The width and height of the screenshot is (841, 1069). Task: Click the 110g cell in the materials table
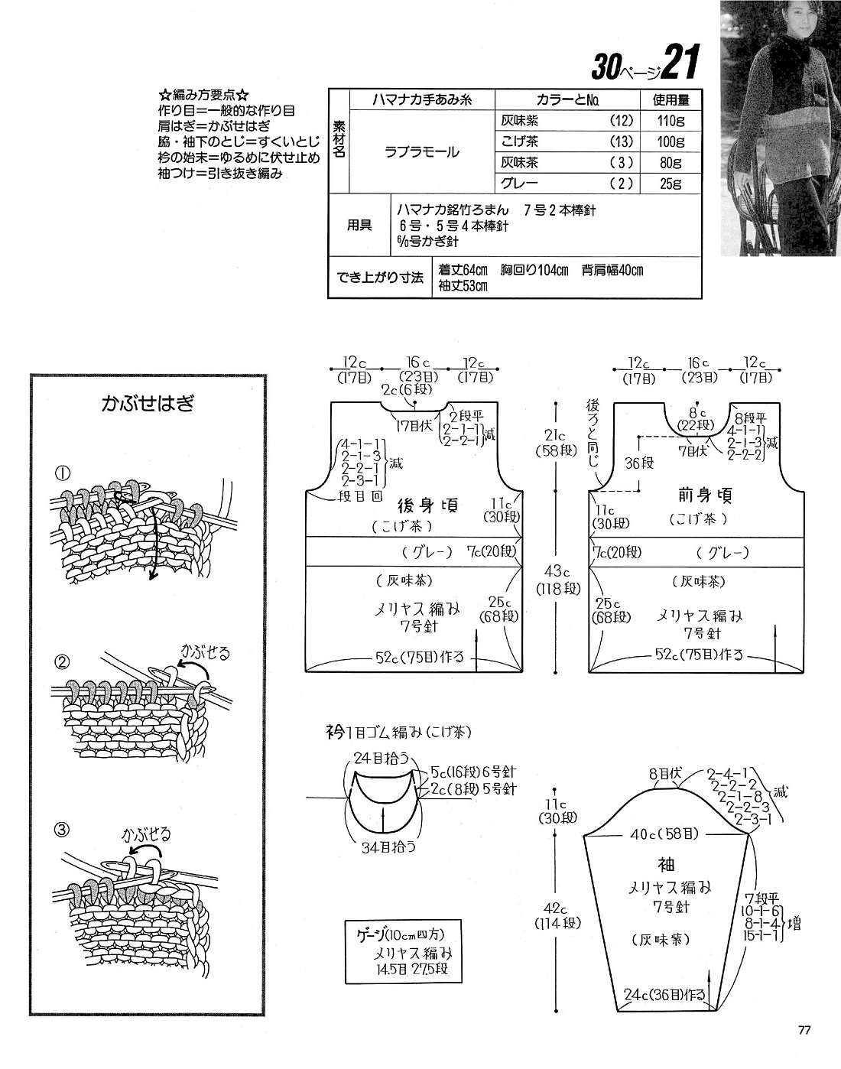tap(671, 120)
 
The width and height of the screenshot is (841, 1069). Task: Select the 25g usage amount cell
tap(671, 184)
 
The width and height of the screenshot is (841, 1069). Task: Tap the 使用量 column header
tap(671, 99)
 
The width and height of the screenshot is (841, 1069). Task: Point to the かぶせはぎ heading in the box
tap(148, 403)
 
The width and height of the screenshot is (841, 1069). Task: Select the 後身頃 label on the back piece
tap(428, 505)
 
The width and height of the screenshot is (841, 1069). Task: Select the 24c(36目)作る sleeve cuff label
tap(664, 996)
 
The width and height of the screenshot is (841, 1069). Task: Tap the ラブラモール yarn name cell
tap(421, 151)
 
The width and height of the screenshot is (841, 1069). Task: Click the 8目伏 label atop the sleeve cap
tap(664, 774)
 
